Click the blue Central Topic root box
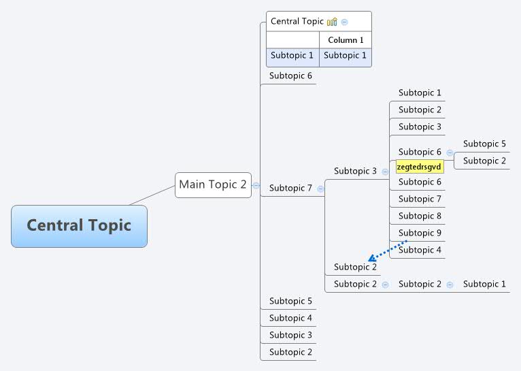click(x=79, y=225)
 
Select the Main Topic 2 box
click(x=213, y=184)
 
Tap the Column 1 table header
click(x=346, y=40)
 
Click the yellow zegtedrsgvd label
click(x=419, y=167)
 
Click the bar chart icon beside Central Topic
click(x=332, y=22)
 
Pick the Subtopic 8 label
click(x=420, y=216)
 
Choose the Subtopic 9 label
click(x=420, y=233)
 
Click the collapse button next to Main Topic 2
click(x=256, y=185)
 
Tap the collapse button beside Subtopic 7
click(x=320, y=189)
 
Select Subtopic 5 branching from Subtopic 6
click(x=484, y=144)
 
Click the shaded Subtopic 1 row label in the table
click(x=292, y=56)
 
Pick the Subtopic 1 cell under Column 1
click(x=345, y=56)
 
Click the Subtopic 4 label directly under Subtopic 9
click(x=420, y=250)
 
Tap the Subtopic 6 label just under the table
click(x=290, y=76)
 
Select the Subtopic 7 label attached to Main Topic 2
click(x=290, y=188)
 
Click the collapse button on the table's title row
click(x=345, y=22)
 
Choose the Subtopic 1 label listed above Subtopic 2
click(x=420, y=93)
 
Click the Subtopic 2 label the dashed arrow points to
click(x=355, y=267)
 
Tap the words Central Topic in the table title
click(x=297, y=21)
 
